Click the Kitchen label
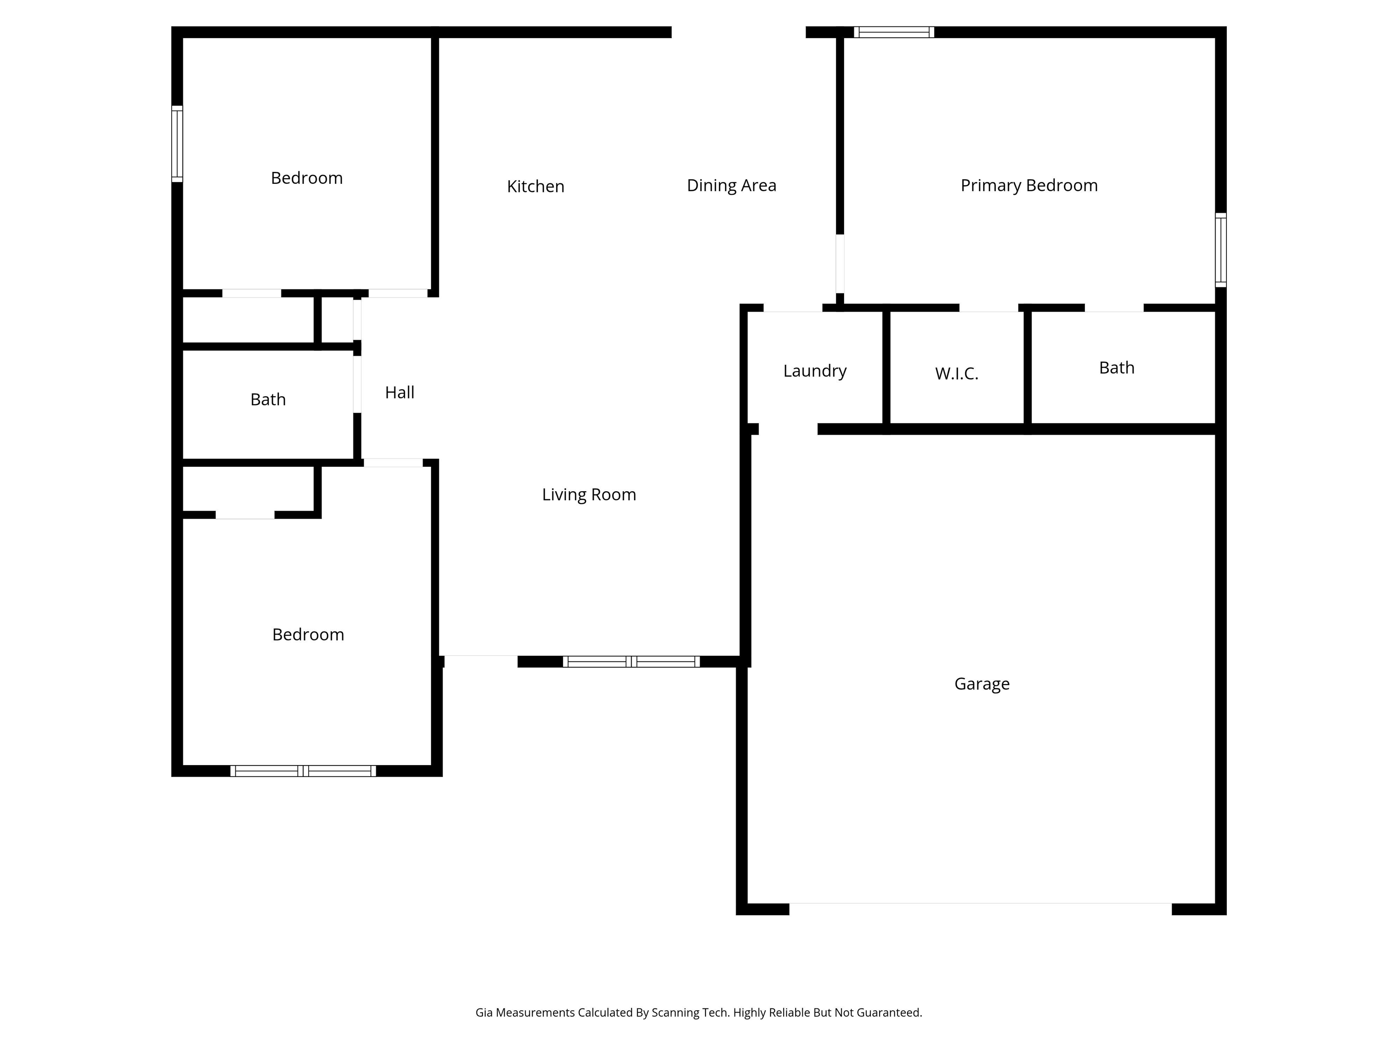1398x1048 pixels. [x=535, y=186]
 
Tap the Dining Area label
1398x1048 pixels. [x=731, y=186]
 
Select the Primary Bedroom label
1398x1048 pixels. [x=1029, y=186]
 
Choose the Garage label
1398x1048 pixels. [x=982, y=684]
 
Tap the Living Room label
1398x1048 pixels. [x=589, y=494]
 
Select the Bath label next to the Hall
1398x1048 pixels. [x=268, y=399]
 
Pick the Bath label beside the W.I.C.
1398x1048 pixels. [x=1117, y=368]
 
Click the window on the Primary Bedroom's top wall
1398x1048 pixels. [x=894, y=32]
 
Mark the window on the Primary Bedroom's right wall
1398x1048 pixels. [x=1221, y=250]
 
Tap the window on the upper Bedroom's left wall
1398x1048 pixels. [x=177, y=144]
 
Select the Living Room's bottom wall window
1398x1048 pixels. [x=631, y=661]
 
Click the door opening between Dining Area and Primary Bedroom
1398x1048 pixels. [x=840, y=264]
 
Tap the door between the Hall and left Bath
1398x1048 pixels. [x=357, y=385]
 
